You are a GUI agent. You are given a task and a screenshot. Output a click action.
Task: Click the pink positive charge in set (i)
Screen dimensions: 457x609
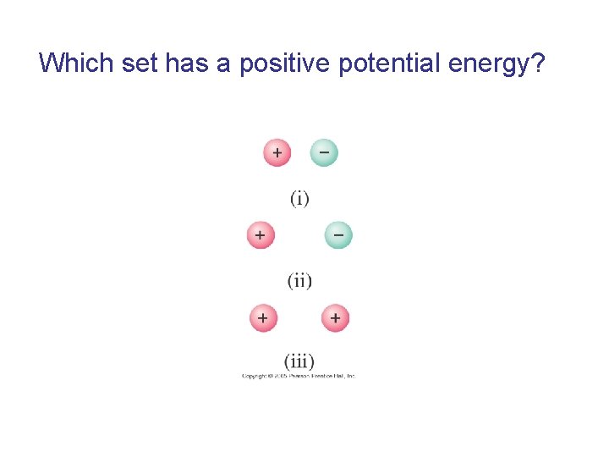(x=277, y=152)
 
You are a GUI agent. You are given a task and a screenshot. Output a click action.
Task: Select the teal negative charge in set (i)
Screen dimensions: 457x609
(x=324, y=152)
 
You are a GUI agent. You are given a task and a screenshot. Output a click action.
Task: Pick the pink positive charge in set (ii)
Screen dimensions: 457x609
(x=261, y=234)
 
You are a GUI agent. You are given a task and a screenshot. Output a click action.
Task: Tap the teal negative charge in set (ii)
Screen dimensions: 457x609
(x=338, y=234)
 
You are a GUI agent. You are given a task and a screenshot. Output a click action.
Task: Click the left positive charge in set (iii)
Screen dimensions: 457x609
(x=263, y=318)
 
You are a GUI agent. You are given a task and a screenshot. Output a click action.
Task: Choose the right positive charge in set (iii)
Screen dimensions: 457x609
(x=335, y=318)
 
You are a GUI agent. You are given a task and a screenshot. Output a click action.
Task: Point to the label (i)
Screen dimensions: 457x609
(x=299, y=198)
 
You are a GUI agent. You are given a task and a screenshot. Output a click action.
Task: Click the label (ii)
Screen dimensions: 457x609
(x=299, y=280)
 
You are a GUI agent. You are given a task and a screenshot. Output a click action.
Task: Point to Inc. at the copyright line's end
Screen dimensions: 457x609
(x=350, y=375)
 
